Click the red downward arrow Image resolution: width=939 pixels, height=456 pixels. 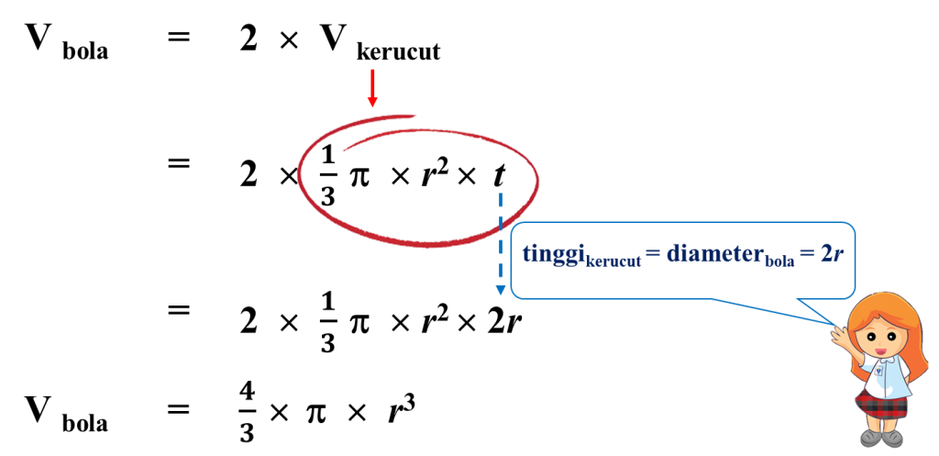pyautogui.click(x=372, y=89)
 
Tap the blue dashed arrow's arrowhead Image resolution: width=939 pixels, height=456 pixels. pyautogui.click(x=500, y=291)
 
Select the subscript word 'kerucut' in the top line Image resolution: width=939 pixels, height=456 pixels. pyautogui.click(x=398, y=52)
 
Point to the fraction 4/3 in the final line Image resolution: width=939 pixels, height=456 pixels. pyautogui.click(x=248, y=414)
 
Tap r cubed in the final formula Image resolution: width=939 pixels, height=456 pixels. pyautogui.click(x=402, y=409)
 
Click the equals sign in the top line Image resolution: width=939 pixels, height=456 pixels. pyautogui.click(x=178, y=37)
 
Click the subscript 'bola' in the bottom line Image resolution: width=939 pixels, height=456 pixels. pyautogui.click(x=85, y=424)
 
